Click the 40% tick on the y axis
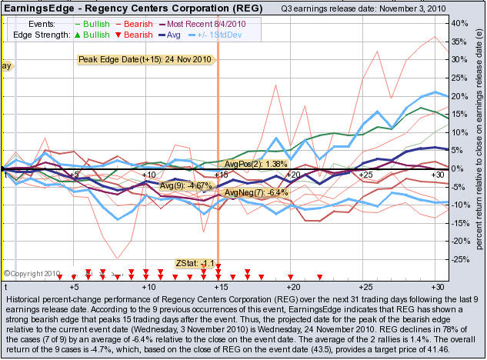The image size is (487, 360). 460,23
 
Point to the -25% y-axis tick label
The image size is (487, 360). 460,259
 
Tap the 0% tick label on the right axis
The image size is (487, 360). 459,168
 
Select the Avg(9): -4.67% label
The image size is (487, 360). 185,185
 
